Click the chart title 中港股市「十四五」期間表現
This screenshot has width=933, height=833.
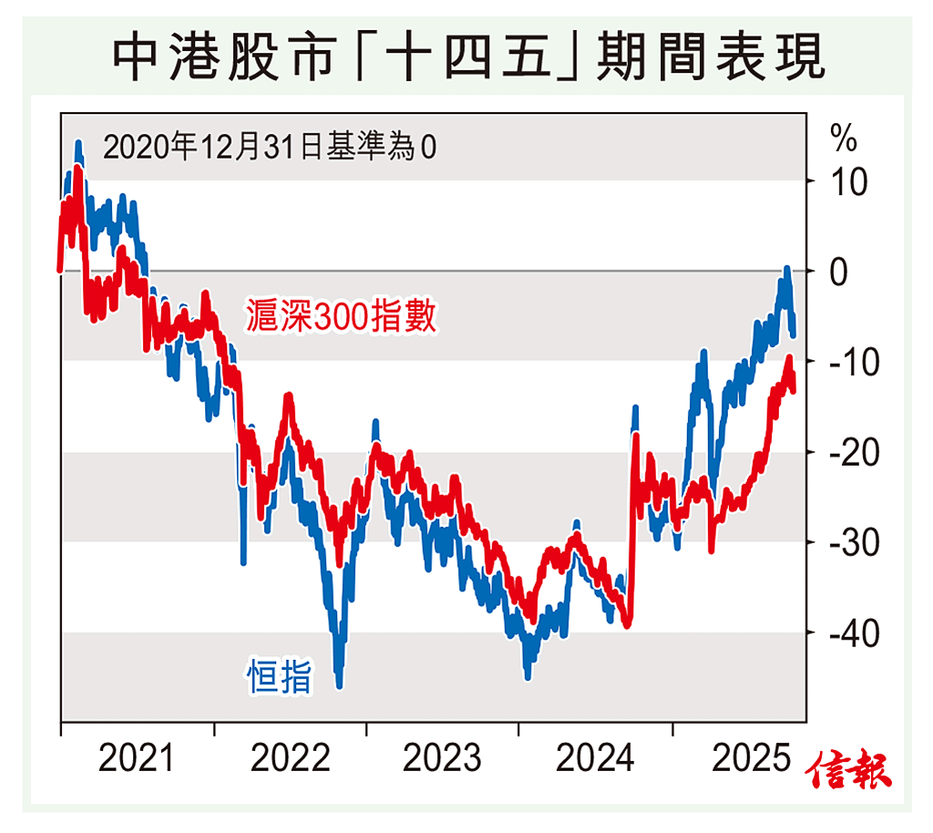(467, 56)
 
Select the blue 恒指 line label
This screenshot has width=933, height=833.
(281, 677)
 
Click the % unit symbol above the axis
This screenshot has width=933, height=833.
(843, 139)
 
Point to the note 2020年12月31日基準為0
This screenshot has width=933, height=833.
(270, 147)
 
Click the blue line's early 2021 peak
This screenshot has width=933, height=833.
(78, 144)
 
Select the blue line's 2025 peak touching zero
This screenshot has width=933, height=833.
(786, 269)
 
